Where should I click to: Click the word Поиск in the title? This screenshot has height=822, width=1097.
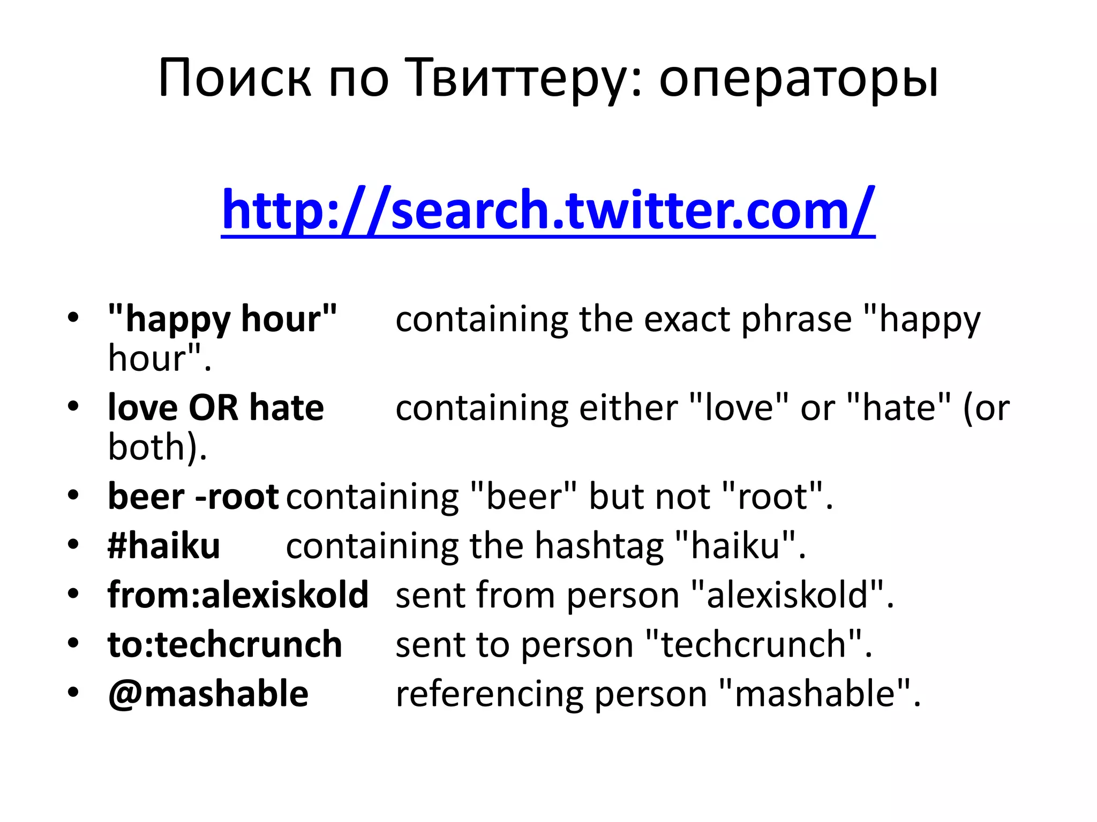(234, 79)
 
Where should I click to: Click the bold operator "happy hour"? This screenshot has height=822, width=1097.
(222, 319)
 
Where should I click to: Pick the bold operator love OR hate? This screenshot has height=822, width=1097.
(216, 408)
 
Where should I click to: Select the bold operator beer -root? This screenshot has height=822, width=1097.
(193, 497)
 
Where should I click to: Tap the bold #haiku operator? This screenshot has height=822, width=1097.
(164, 546)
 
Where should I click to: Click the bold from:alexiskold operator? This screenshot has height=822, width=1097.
(238, 595)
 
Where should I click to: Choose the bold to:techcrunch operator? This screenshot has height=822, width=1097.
(225, 644)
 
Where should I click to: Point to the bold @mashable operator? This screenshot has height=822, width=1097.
(208, 694)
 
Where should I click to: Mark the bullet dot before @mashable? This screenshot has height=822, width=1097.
(73, 692)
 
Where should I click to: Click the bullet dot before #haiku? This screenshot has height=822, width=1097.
(73, 544)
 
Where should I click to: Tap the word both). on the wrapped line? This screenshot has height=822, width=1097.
(157, 447)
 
